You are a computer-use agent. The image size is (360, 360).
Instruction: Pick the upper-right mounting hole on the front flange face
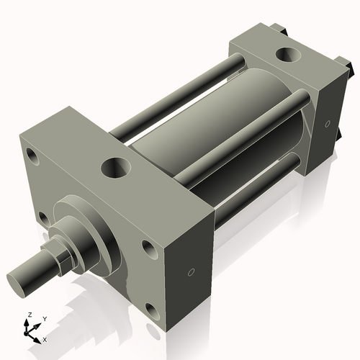click(x=149, y=248)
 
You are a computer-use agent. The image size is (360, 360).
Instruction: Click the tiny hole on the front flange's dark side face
click(x=190, y=272)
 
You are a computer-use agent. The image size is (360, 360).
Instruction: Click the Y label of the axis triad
click(x=44, y=318)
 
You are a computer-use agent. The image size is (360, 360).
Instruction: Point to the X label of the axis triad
click(x=45, y=338)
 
